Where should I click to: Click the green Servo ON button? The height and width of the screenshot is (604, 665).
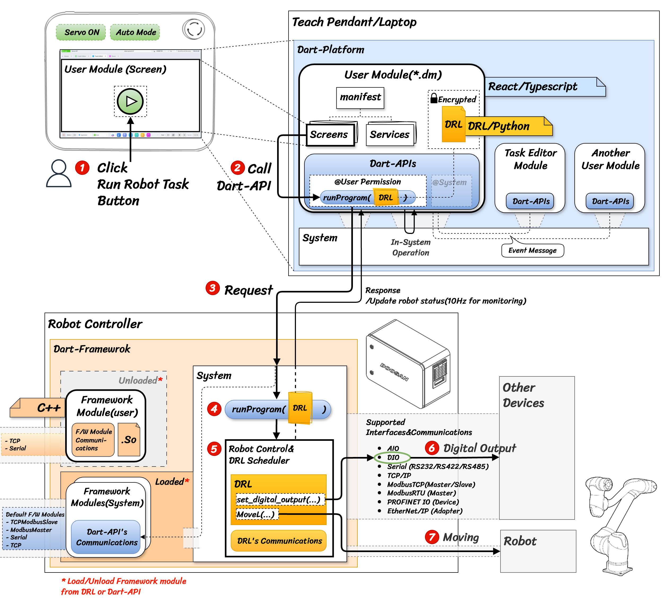[x=81, y=32]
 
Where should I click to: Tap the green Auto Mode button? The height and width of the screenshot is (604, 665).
[x=135, y=32]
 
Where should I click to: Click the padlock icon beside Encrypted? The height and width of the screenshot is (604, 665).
[x=434, y=98]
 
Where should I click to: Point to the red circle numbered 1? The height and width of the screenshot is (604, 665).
[x=82, y=168]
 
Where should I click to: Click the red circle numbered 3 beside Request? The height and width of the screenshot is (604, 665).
[x=212, y=288]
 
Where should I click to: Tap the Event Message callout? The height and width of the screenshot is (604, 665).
[x=532, y=250]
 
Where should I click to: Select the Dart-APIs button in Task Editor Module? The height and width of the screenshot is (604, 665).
[x=530, y=201]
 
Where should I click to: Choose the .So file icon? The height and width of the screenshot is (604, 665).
[x=129, y=439]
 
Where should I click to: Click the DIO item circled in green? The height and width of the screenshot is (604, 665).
[x=393, y=458]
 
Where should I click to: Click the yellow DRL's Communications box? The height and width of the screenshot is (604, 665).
[x=279, y=541]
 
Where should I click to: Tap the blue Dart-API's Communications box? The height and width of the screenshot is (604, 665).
[x=106, y=537]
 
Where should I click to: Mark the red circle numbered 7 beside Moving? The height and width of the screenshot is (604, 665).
[x=432, y=537]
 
